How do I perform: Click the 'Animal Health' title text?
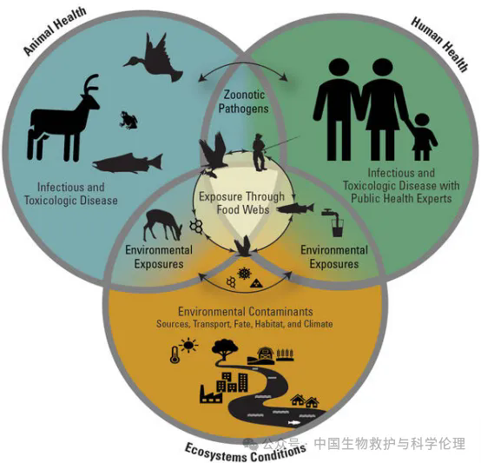[55, 31]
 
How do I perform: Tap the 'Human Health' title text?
[439, 43]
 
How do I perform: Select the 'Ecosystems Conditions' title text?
[246, 453]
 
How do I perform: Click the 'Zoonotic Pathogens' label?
[244, 102]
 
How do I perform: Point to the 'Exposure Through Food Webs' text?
[241, 202]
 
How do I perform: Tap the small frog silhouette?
[128, 120]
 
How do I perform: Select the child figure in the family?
[424, 136]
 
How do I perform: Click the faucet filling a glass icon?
[333, 222]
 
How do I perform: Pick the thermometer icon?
[175, 354]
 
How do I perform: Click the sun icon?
[188, 346]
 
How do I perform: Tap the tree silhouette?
[225, 349]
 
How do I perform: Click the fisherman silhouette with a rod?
[260, 152]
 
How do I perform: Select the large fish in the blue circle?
[128, 162]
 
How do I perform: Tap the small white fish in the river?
[293, 423]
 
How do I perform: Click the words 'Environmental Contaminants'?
[246, 312]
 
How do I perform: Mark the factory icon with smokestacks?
[211, 394]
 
